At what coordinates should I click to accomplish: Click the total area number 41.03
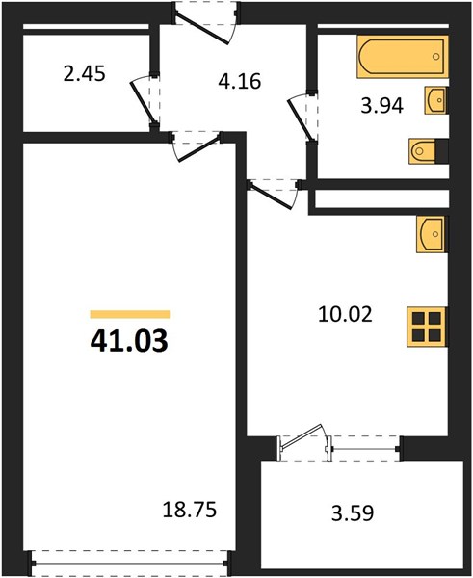(129, 341)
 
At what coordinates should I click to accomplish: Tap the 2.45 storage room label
(85, 73)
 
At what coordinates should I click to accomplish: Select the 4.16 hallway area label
(240, 81)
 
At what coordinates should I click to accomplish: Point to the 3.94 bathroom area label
(381, 106)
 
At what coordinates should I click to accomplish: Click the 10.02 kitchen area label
(345, 314)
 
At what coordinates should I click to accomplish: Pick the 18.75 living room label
(190, 510)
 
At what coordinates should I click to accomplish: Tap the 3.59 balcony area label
(353, 512)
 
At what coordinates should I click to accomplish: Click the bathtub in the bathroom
(403, 57)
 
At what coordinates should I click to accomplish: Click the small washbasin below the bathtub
(435, 100)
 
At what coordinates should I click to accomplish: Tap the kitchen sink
(431, 234)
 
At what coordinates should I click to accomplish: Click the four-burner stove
(426, 327)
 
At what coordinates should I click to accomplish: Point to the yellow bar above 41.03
(130, 314)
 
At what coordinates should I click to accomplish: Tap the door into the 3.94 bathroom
(302, 116)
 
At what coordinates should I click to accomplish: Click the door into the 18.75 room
(197, 146)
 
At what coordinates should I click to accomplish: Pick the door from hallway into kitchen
(274, 195)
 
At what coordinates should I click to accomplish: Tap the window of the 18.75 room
(130, 564)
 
